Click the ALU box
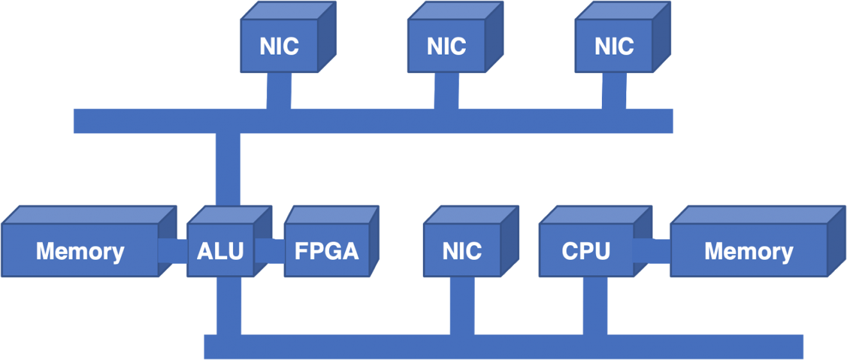(x=220, y=250)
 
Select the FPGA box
(x=327, y=250)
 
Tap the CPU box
(x=586, y=250)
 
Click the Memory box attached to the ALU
(x=80, y=250)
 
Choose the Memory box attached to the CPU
(x=749, y=250)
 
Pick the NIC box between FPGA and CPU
(x=462, y=250)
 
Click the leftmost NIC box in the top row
(x=279, y=46)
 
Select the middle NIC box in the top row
(x=447, y=46)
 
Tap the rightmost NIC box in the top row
(x=614, y=46)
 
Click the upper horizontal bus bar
(x=372, y=121)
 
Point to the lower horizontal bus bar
(x=503, y=347)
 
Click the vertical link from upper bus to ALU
(x=228, y=170)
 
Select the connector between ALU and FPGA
(x=269, y=250)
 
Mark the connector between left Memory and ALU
(x=173, y=250)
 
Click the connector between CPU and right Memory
(x=652, y=250)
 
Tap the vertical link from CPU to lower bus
(x=595, y=305)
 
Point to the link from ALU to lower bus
(x=229, y=305)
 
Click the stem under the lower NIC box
(x=463, y=305)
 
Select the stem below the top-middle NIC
(x=447, y=90)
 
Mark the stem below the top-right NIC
(x=614, y=90)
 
